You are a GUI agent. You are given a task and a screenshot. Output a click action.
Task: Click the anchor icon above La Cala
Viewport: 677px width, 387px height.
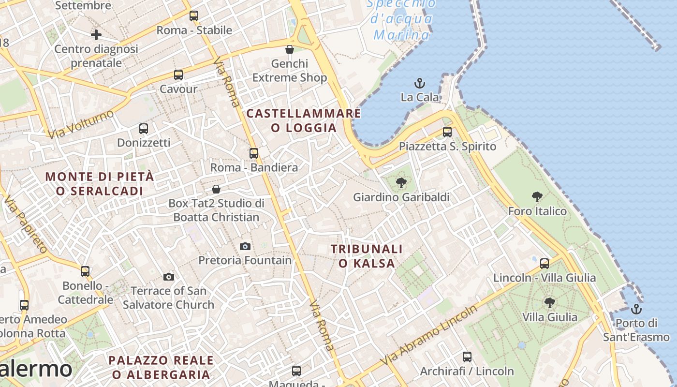(419, 83)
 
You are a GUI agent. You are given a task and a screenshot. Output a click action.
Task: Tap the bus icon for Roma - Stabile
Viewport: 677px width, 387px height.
(194, 16)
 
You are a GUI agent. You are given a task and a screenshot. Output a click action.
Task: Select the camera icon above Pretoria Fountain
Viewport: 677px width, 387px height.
(245, 246)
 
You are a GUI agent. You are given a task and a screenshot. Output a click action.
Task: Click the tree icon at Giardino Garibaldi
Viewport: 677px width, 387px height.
(401, 183)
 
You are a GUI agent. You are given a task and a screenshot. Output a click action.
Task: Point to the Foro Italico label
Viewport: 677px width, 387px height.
(537, 211)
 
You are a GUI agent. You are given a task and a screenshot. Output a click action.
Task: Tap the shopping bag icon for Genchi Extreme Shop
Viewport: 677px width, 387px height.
(289, 49)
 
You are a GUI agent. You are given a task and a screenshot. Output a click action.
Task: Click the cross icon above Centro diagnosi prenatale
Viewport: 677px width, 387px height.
(96, 35)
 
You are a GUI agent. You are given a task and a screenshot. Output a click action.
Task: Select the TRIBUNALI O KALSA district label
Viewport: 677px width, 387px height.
(367, 256)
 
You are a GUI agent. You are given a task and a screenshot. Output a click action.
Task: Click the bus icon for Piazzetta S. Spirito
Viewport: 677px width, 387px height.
(447, 132)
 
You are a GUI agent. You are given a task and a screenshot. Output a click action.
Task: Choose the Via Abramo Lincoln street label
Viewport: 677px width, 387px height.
(428, 336)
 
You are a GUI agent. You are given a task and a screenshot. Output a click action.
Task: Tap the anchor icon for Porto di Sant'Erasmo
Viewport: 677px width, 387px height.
(636, 309)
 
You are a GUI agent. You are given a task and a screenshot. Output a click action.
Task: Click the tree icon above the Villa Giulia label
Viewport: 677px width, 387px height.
(549, 303)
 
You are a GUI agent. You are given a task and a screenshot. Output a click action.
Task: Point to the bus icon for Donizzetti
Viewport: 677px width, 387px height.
(144, 129)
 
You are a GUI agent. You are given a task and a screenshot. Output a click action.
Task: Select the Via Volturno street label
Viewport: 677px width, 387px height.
(81, 124)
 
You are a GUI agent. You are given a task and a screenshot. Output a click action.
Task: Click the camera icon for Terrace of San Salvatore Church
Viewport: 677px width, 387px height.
(168, 277)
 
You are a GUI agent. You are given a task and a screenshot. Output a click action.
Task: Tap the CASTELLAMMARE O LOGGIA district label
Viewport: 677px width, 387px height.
(304, 120)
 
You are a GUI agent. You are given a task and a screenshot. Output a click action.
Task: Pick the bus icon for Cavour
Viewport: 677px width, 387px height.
(178, 75)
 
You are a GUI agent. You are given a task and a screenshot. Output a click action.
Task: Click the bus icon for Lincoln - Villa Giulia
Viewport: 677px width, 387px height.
(545, 264)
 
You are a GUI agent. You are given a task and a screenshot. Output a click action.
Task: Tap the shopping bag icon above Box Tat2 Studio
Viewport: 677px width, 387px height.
(216, 189)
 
